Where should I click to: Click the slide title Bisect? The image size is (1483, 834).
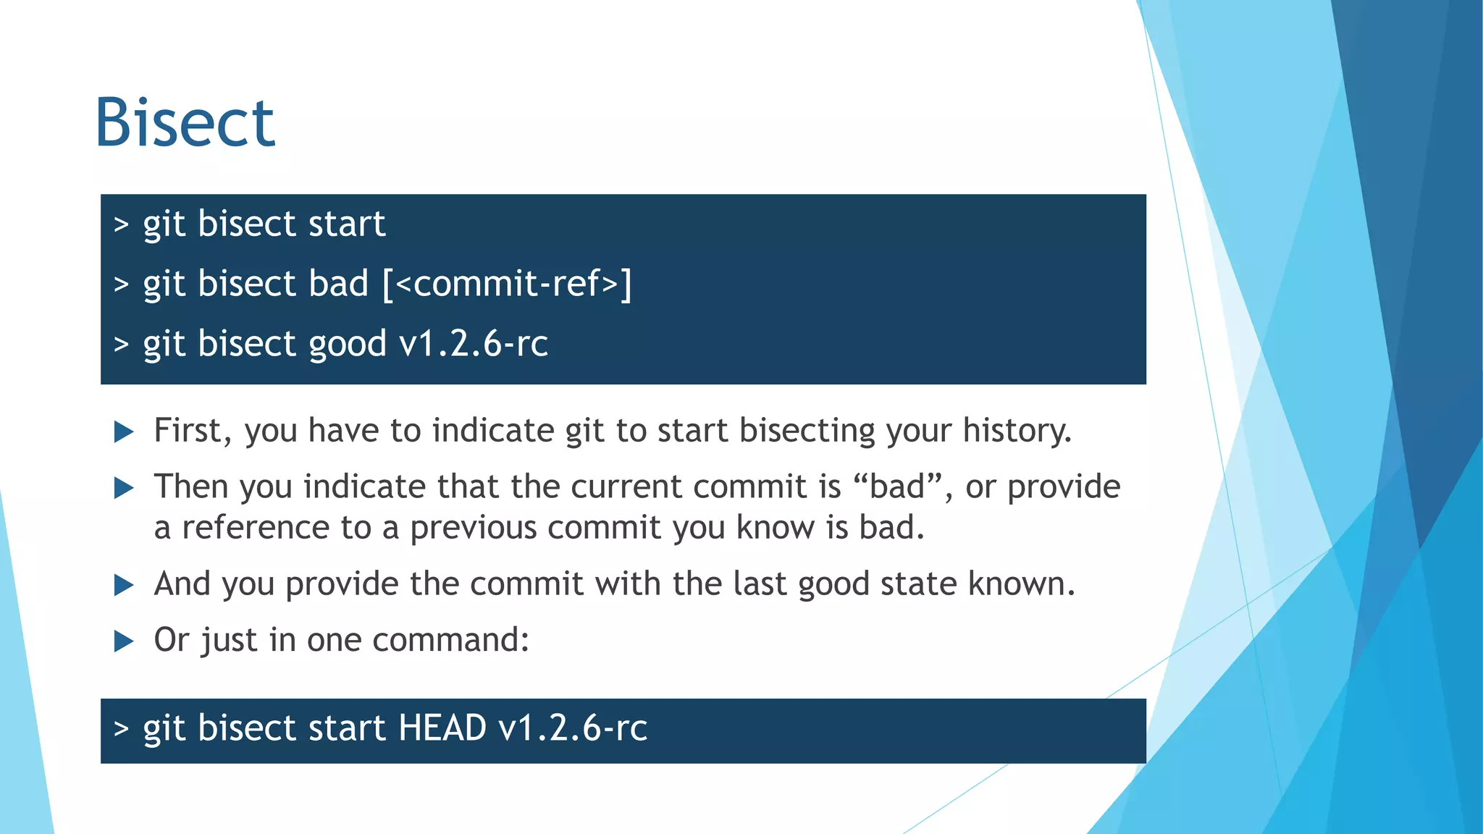click(185, 123)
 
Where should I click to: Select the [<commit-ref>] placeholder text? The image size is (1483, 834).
click(507, 283)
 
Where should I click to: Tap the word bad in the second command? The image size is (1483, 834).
click(338, 283)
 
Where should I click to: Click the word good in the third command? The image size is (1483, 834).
click(347, 344)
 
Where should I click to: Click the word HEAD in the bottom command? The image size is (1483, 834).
click(442, 728)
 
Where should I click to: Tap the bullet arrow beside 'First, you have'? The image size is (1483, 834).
click(125, 433)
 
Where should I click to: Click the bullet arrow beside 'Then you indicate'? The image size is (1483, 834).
click(125, 489)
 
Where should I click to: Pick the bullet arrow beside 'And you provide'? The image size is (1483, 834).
click(125, 586)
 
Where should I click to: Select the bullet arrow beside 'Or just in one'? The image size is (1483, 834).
click(125, 641)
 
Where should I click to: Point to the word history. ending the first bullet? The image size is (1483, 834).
click(1017, 431)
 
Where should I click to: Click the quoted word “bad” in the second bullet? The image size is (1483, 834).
click(898, 486)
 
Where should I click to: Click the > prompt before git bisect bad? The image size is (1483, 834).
click(121, 285)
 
